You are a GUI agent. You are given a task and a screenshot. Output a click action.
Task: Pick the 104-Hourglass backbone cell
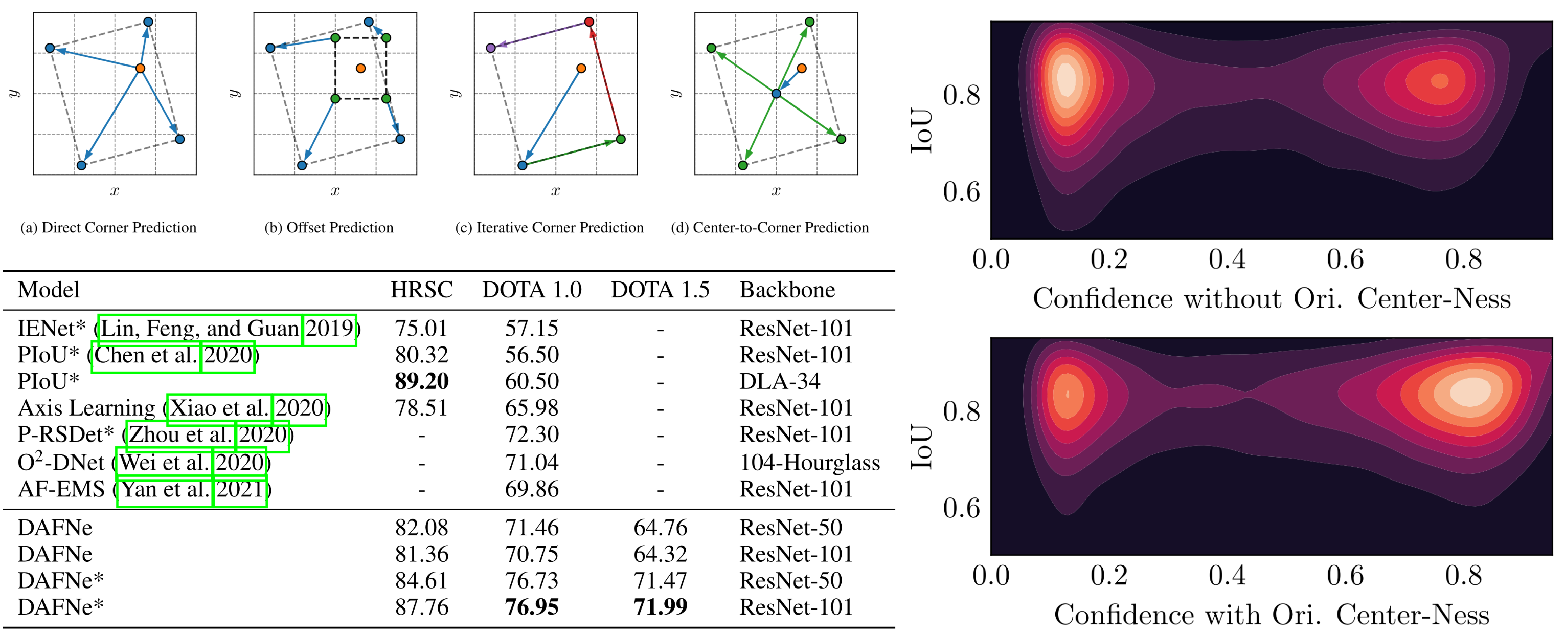point(809,463)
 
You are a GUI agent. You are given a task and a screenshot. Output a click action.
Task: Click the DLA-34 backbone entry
point(780,381)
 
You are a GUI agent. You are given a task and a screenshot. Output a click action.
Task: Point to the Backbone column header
point(787,290)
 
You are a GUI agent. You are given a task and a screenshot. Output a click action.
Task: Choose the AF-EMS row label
point(61,489)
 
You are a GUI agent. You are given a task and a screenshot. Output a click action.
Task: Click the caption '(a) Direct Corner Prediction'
point(109,227)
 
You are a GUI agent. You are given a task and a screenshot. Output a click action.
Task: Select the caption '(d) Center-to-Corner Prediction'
point(770,227)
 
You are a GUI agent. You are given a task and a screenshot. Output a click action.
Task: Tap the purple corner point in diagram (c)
point(491,48)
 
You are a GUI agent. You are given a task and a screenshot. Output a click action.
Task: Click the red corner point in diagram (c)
point(588,22)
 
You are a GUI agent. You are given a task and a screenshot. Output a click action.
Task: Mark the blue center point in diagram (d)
point(776,94)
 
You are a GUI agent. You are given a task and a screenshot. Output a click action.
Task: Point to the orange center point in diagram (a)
point(140,68)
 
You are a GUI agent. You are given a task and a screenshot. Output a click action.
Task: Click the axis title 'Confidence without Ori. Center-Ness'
point(1272,298)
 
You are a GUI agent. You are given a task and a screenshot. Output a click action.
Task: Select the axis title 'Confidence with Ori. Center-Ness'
point(1272,615)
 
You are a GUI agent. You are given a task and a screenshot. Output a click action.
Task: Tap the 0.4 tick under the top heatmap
point(1227,259)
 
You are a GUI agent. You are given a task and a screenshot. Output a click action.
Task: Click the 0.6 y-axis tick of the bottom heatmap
point(961,508)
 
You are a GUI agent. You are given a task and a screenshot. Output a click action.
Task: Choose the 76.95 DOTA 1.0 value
point(532,606)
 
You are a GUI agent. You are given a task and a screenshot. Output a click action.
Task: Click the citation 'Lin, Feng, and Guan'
point(200,329)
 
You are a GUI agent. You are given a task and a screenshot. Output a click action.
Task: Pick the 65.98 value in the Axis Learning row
point(532,408)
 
